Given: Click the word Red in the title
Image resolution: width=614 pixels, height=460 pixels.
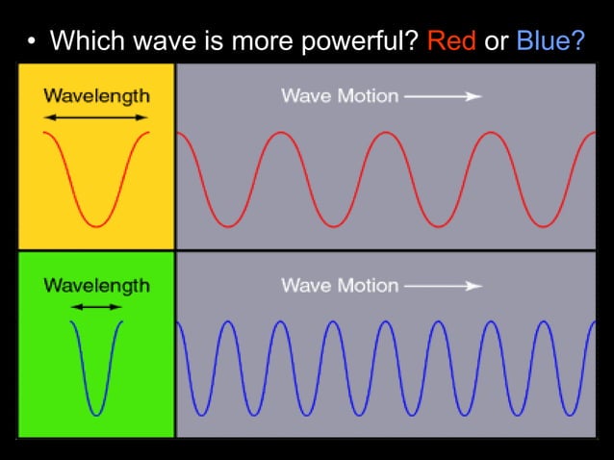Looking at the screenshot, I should [x=451, y=41].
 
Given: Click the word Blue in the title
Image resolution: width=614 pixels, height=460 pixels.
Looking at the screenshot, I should [x=544, y=41].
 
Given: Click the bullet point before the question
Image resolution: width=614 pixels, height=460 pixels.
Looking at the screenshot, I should [x=31, y=42].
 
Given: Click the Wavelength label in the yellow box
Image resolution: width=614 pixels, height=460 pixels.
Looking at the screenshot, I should [x=96, y=96].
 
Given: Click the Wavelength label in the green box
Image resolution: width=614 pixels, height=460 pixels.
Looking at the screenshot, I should [x=96, y=286].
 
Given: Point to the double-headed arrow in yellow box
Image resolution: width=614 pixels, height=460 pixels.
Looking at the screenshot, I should [x=96, y=117].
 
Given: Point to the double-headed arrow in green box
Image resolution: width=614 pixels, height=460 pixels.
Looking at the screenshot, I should [x=96, y=307].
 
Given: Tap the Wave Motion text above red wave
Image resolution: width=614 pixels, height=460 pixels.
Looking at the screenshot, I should [x=339, y=96].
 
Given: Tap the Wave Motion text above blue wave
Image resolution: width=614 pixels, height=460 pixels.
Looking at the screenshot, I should [x=339, y=286].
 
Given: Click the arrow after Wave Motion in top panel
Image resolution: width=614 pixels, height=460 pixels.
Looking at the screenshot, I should [x=443, y=96].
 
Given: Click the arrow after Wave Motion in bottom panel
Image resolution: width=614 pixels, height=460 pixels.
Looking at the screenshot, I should [x=443, y=286].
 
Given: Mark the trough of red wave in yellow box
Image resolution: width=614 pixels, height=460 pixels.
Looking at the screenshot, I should [x=96, y=226].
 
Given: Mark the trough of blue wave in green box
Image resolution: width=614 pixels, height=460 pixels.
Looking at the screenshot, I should [x=96, y=415].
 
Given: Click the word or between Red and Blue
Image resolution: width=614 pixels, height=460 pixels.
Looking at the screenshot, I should [x=497, y=42].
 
